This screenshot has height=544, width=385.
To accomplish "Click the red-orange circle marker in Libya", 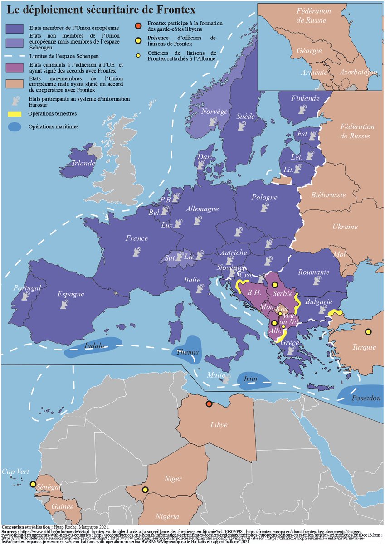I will point(209,404).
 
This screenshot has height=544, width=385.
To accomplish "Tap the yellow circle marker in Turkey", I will point(368,331).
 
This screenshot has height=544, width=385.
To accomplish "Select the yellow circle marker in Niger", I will point(145,490).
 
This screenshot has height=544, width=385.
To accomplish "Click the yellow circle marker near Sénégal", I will point(33,484).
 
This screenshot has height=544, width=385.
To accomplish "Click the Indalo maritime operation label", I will point(94,346).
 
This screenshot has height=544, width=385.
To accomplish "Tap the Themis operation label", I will point(187,352).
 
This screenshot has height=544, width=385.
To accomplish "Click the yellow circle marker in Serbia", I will point(274,285).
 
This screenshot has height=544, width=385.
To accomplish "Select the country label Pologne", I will point(264,198).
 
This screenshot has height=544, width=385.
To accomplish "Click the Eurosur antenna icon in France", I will point(137,252).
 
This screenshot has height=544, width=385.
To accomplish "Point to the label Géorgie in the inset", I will point(309,51).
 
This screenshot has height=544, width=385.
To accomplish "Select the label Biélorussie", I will point(329,195).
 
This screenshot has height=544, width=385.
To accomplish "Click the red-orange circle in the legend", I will point(138,25).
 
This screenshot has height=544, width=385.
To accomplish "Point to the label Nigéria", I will point(167,516).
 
